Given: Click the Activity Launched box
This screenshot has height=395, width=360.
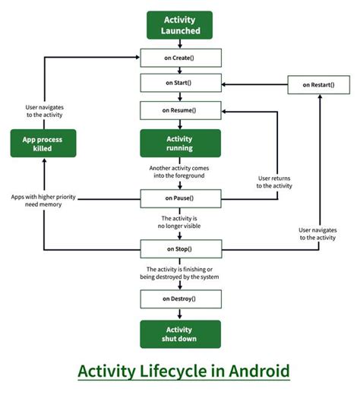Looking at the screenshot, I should (180, 24).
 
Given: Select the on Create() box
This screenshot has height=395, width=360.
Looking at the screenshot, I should (180, 57).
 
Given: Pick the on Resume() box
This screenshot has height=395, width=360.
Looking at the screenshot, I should (180, 110).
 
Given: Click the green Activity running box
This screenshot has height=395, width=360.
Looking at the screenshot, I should (180, 144).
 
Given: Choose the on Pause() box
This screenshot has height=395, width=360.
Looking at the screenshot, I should (180, 199).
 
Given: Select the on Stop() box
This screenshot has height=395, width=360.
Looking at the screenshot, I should (180, 248).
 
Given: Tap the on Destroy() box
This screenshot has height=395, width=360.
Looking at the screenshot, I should (180, 298).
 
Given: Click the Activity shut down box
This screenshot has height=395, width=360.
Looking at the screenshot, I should (180, 333).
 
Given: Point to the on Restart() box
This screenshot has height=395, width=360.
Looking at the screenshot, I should (320, 84).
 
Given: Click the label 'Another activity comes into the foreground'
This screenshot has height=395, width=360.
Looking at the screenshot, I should (180, 172).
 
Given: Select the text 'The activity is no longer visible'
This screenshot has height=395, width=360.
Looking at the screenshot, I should (180, 223).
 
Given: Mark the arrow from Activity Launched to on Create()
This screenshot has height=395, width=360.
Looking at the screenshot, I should (180, 44).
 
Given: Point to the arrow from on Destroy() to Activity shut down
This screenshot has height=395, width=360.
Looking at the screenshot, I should (180, 314).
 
